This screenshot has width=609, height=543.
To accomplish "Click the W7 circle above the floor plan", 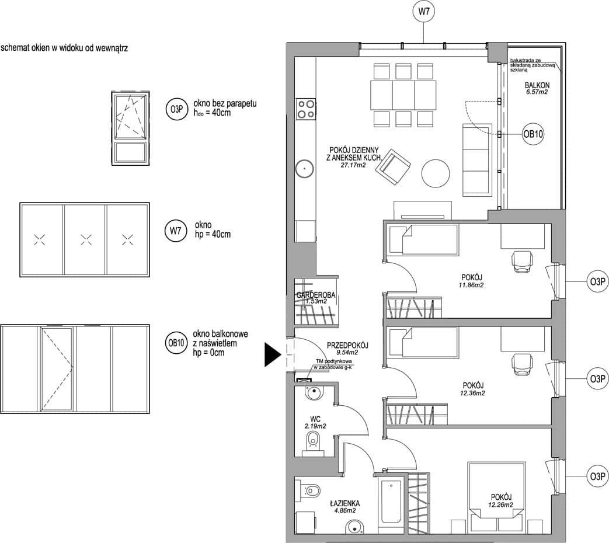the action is click(x=423, y=12).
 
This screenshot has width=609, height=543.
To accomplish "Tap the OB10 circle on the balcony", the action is click(x=533, y=134).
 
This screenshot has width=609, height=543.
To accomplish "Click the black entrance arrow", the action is click(x=273, y=354).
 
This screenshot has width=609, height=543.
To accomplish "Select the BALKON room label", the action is click(x=537, y=85).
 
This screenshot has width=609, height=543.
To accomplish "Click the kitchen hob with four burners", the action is click(x=305, y=109).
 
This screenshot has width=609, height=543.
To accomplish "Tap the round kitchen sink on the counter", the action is click(x=305, y=169).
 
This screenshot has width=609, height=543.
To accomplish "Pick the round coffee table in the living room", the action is click(x=436, y=173).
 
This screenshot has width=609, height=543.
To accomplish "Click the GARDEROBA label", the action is click(x=316, y=295).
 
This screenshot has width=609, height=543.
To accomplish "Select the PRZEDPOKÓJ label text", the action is click(x=347, y=345).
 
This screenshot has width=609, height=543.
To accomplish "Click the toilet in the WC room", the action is click(x=313, y=443).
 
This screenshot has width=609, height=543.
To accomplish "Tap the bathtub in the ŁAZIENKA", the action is click(x=391, y=502).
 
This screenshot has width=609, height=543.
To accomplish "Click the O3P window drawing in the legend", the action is click(x=131, y=128).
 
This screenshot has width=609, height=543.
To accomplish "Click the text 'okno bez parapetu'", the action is click(x=225, y=104).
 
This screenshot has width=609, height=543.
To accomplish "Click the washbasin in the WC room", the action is click(x=313, y=392).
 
